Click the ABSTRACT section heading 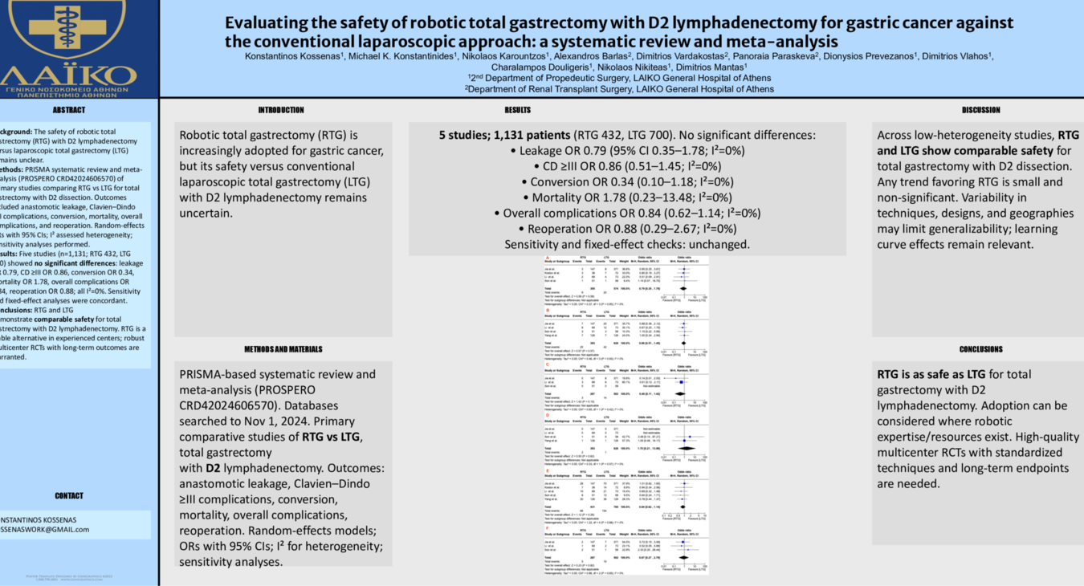68,110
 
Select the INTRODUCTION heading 281,110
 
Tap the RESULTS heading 517,110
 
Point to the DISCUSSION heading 980,110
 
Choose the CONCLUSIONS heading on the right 980,349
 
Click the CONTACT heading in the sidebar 68,496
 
